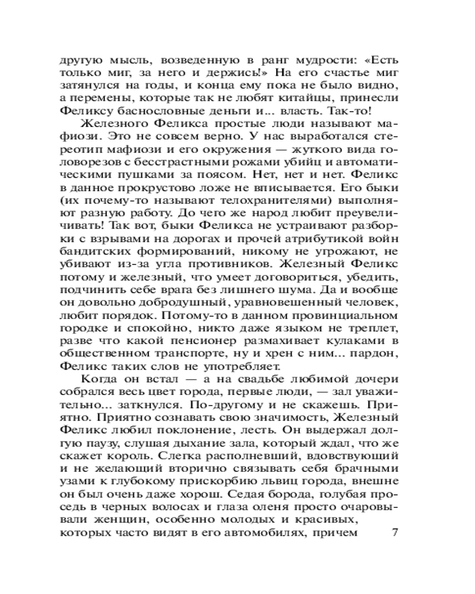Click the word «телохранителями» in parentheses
click(x=237, y=201)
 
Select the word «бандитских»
click(x=98, y=253)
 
